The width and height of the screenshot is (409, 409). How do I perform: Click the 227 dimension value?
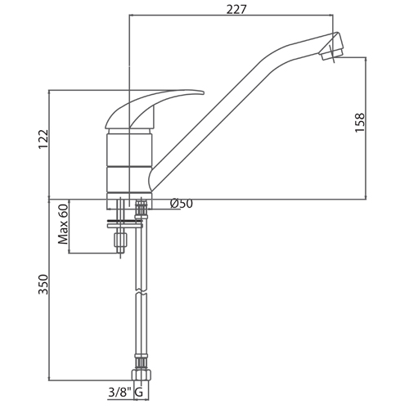(236, 10)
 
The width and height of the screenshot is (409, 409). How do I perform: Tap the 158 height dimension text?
(360, 123)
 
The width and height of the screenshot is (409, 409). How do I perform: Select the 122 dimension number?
(43, 139)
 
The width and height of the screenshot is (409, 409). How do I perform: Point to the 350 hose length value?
(43, 285)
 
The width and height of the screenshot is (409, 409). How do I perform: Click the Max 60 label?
(63, 224)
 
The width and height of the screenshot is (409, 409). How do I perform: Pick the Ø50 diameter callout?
(182, 204)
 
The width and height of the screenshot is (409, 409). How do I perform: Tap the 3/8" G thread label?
(126, 393)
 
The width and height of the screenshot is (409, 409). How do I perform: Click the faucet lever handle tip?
(202, 92)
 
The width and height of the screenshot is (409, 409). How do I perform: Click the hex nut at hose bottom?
(141, 375)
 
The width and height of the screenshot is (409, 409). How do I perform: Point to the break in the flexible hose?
(141, 292)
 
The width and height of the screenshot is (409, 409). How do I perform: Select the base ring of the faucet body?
(129, 196)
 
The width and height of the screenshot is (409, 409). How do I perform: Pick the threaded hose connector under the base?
(141, 209)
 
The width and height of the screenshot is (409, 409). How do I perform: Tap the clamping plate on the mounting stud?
(125, 226)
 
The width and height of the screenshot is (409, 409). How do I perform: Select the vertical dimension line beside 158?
(366, 128)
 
